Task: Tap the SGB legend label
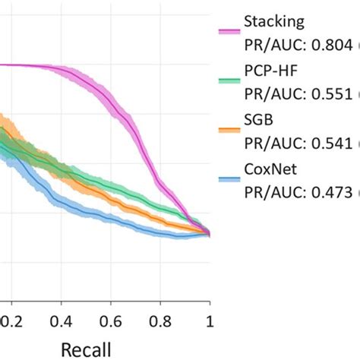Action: click(257, 122)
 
